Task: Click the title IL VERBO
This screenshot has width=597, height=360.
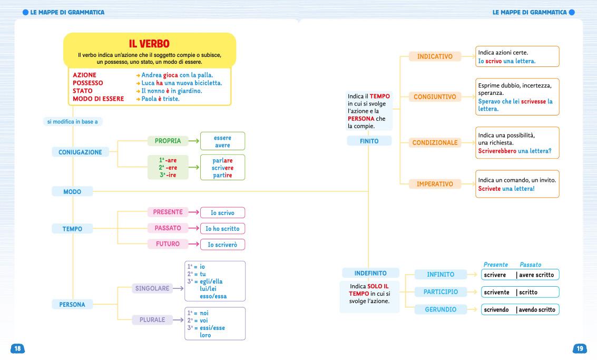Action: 149,43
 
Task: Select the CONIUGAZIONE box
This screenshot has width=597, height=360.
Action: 80,152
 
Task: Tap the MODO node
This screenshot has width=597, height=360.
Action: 72,192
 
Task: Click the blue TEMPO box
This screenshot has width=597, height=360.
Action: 72,229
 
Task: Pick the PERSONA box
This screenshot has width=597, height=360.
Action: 72,304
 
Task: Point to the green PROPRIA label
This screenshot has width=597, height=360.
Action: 168,141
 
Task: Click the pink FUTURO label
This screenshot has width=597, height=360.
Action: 168,244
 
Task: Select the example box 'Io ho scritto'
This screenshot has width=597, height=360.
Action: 222,229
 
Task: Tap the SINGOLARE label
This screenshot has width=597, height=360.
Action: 152,288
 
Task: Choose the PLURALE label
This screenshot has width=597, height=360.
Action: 152,319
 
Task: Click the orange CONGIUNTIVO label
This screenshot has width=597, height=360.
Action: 435,97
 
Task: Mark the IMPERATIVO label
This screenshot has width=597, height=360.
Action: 435,184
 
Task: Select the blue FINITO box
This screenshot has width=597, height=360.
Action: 369,141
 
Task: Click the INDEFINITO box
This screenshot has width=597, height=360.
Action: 370,273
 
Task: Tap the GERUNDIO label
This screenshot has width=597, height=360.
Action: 441,309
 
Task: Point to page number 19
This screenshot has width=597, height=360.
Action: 580,348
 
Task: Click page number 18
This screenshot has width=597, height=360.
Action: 17,348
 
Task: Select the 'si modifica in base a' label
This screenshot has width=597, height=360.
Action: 72,122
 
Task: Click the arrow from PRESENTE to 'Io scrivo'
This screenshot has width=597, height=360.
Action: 193,212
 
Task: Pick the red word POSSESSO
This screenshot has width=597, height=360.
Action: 88,83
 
